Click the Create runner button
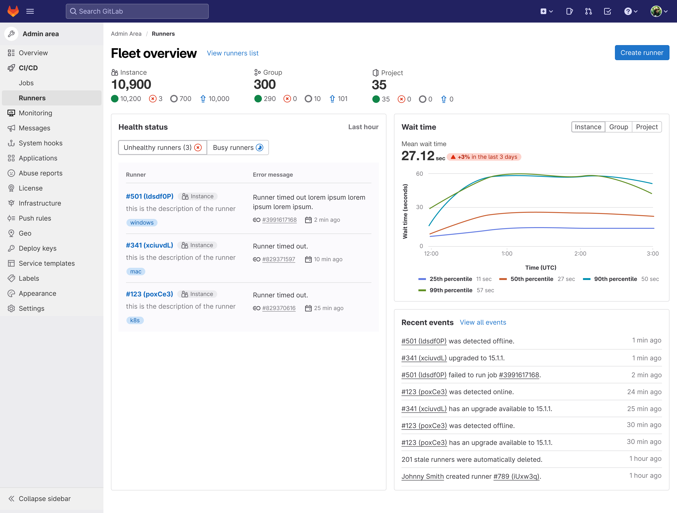tap(642, 53)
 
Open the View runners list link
tap(233, 53)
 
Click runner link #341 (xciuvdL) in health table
tap(149, 245)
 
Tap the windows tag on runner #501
tap(142, 223)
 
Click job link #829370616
tap(279, 308)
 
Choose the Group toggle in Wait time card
tap(618, 127)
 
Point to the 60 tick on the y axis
tap(419, 174)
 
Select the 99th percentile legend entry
tap(451, 290)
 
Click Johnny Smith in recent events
tap(422, 476)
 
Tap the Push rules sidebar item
tap(35, 218)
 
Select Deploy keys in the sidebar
tap(38, 248)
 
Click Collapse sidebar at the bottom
tap(44, 499)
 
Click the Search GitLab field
tap(137, 11)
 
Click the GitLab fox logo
tap(13, 11)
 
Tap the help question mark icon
tap(628, 11)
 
